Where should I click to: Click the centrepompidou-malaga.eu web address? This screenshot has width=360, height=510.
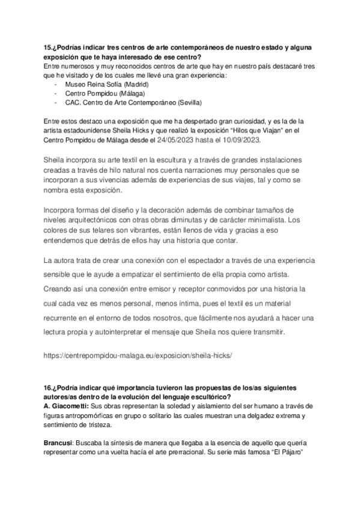[x=138, y=355]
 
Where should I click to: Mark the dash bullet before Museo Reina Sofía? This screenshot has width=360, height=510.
[x=55, y=84]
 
